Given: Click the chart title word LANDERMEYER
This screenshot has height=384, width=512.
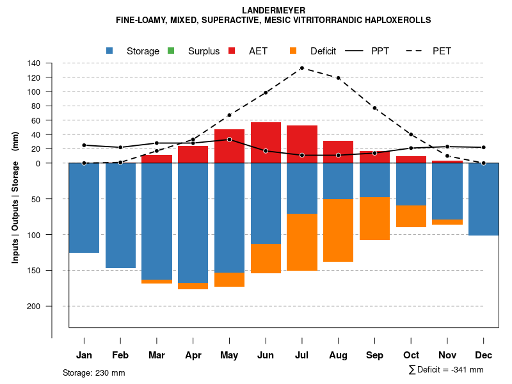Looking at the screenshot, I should tap(273, 10).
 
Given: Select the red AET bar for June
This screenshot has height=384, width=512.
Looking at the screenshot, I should tap(266, 142).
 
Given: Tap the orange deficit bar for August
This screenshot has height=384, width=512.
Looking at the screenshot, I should tap(338, 230).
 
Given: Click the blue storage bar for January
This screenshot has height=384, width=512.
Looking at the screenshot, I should tap(84, 208).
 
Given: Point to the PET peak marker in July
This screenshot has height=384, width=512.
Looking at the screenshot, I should tap(301, 68).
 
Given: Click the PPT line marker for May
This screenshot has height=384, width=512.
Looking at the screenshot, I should tap(229, 140).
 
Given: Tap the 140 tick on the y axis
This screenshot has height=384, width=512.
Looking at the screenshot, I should tap(34, 63).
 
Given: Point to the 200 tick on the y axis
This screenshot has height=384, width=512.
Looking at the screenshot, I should tap(34, 306).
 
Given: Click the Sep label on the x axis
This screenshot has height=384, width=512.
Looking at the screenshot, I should tap(374, 355).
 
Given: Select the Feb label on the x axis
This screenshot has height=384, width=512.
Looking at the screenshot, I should tap(120, 355).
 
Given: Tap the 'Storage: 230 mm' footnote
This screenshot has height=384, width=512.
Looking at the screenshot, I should tap(93, 372).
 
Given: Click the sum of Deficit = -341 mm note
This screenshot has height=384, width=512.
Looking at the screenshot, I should tap(446, 370).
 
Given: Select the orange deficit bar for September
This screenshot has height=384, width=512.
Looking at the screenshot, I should tap(374, 218).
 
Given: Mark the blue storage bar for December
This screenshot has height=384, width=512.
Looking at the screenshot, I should tap(483, 199).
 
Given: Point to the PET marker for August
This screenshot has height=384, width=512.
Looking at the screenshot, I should tap(338, 78).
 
